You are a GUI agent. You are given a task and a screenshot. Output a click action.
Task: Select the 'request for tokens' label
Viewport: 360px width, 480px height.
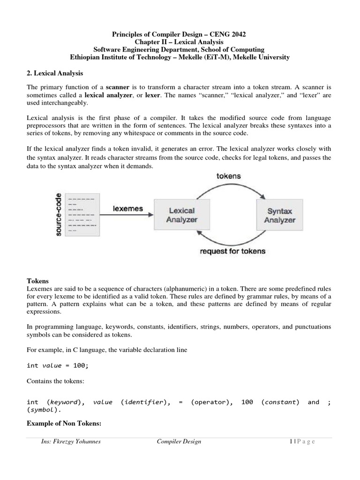coord(232,251)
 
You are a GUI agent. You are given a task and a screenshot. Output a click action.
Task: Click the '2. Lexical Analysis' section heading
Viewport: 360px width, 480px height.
coord(53,74)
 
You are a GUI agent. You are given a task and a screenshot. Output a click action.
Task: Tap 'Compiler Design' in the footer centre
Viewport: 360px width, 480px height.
coord(179,442)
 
